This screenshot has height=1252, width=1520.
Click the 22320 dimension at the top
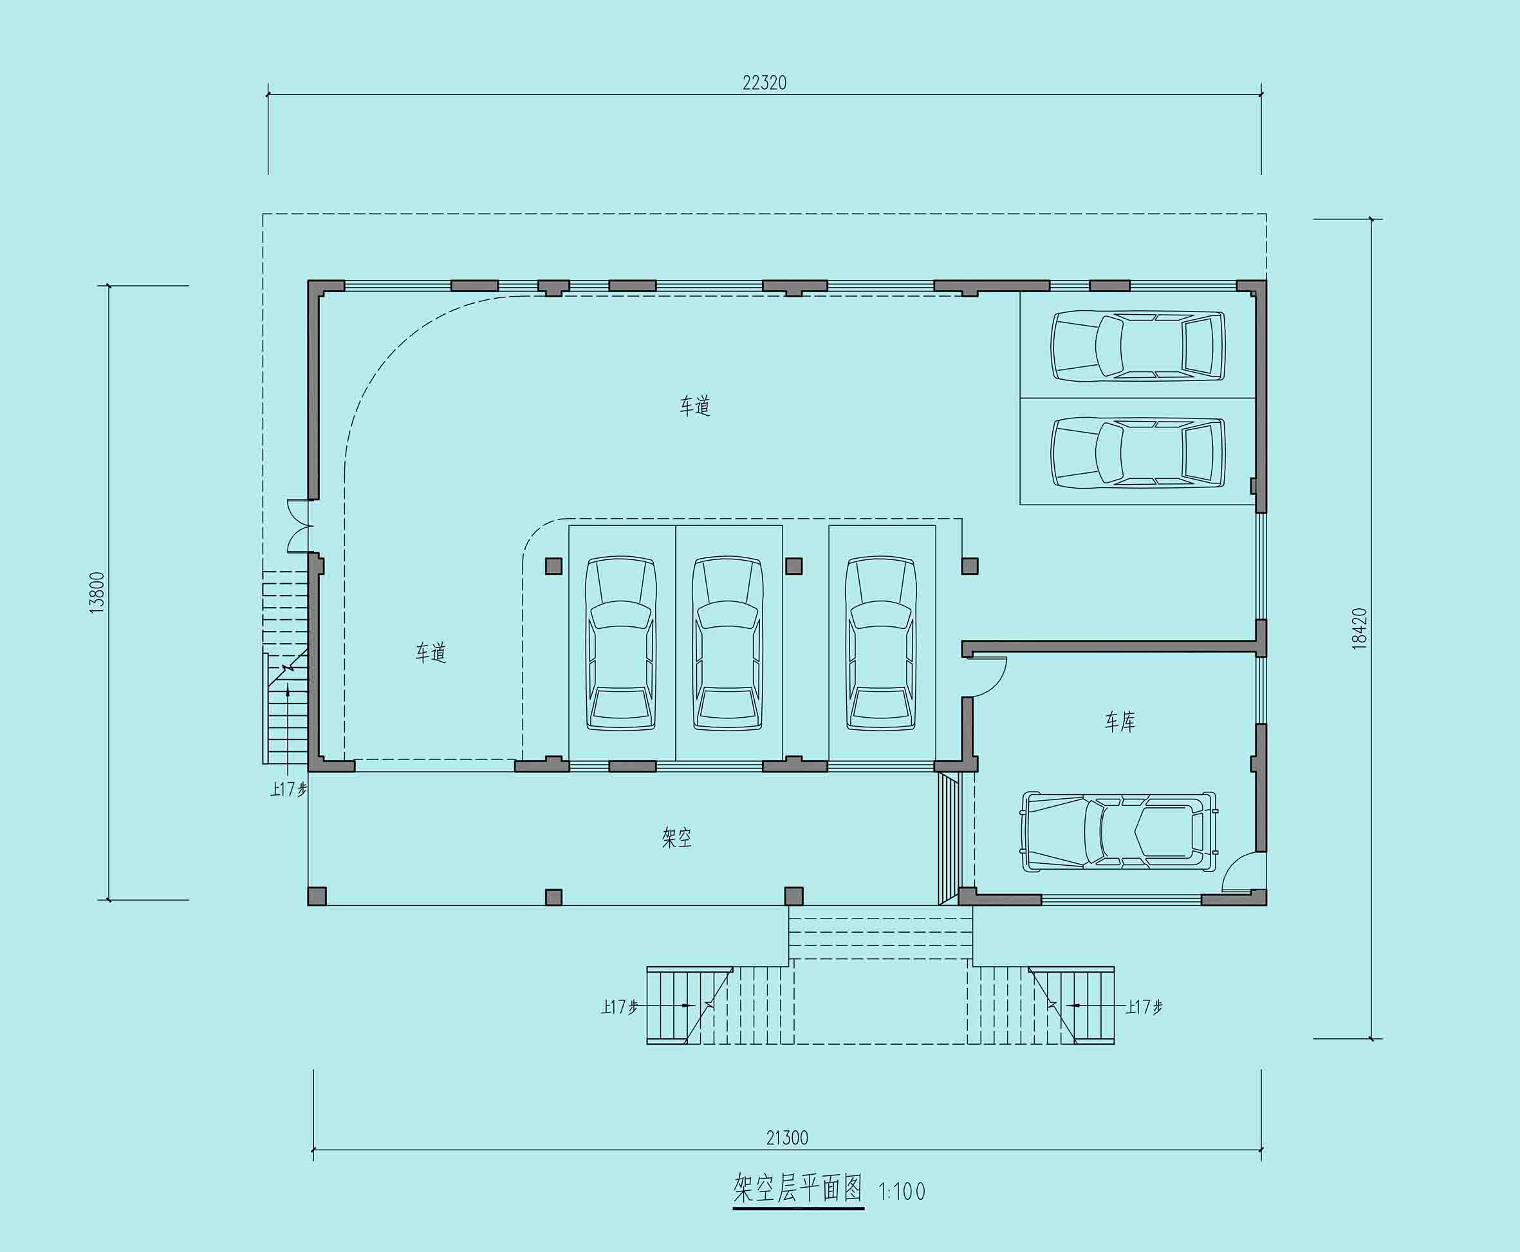[765, 83]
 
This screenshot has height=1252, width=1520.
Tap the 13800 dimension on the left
[97, 593]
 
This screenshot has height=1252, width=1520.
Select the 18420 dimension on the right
[1359, 629]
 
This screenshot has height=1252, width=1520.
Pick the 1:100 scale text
[902, 1191]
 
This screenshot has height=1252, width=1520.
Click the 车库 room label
[1120, 722]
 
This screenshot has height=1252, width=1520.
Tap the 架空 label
[676, 837]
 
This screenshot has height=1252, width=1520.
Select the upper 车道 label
[695, 406]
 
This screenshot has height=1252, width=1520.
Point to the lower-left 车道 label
[431, 653]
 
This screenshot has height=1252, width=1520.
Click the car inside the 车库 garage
[1118, 832]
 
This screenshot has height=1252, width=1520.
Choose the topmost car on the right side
[1138, 346]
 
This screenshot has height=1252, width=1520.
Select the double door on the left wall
[299, 526]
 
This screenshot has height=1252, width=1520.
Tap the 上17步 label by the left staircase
[288, 789]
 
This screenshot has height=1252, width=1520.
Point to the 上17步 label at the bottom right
[1144, 1006]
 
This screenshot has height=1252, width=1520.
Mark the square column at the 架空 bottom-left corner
[317, 896]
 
